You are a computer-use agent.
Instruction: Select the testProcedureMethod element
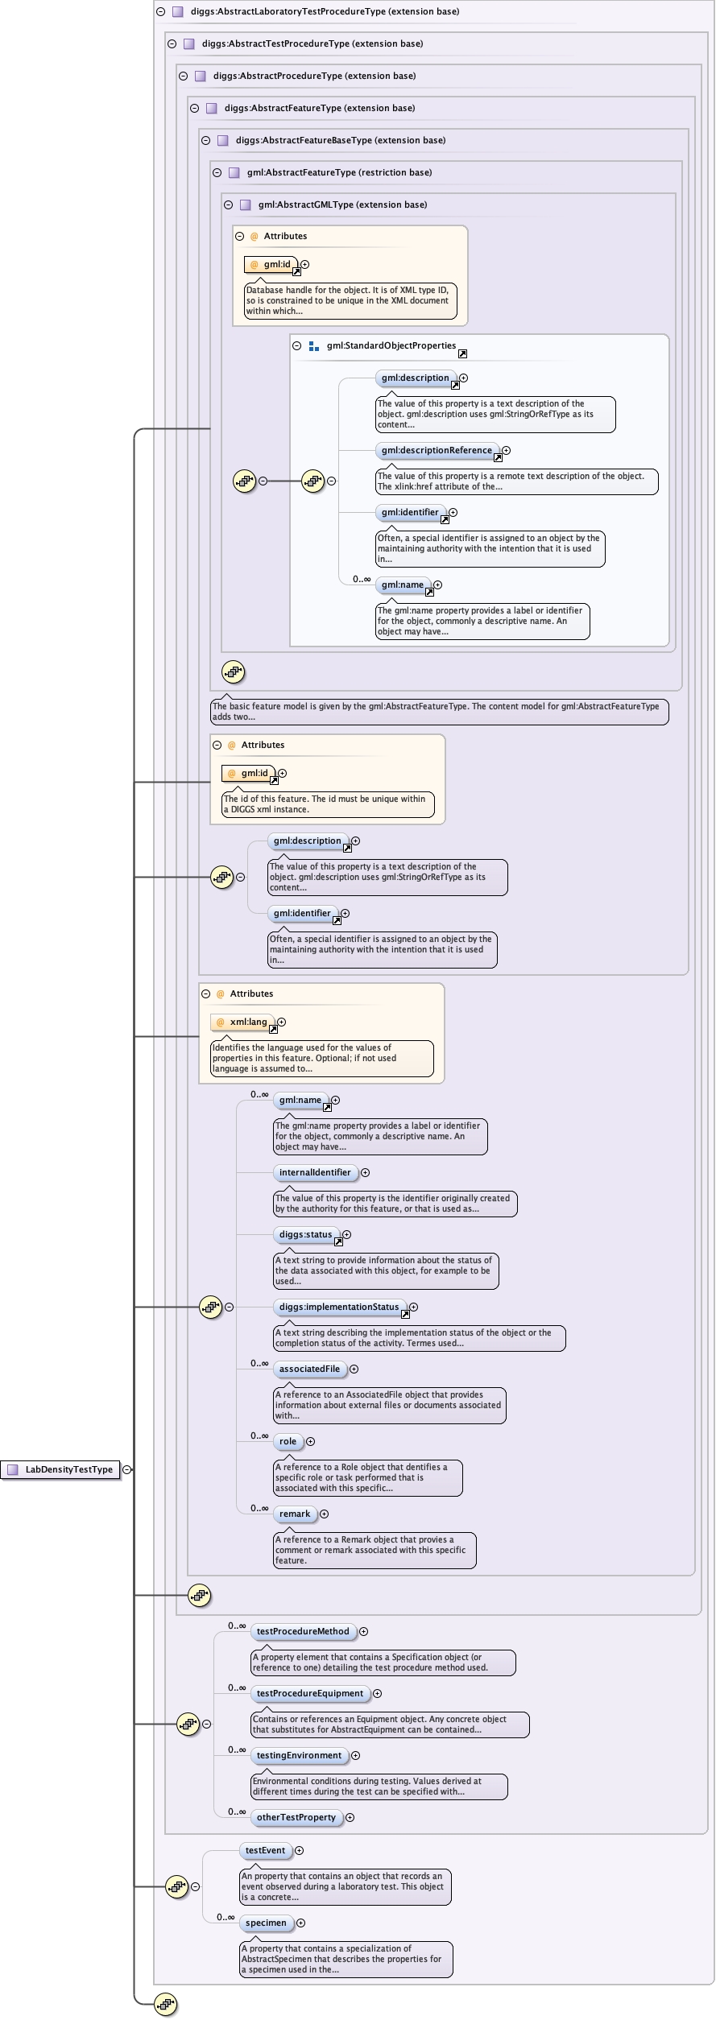tap(303, 1631)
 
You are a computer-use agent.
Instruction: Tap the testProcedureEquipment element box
tap(310, 1693)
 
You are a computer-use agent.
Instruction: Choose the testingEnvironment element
tap(299, 1755)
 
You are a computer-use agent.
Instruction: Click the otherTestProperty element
tap(296, 1817)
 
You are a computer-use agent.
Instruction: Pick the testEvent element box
tap(265, 1850)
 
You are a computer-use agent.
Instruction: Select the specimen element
tap(266, 1923)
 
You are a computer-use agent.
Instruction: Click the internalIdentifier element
tap(315, 1172)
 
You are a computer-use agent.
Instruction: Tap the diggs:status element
tap(305, 1234)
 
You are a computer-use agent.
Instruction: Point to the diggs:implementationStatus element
tap(339, 1307)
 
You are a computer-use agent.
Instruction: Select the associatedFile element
tap(309, 1369)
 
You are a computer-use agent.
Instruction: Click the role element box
tap(288, 1441)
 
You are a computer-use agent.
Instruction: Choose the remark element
tap(295, 1514)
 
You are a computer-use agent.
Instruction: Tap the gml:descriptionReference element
tap(437, 450)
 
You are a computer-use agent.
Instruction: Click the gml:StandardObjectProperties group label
tap(391, 345)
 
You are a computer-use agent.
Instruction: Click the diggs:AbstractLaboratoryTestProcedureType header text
tap(325, 11)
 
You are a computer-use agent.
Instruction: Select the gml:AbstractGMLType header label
tap(342, 204)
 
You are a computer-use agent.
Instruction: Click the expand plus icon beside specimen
tap(300, 1923)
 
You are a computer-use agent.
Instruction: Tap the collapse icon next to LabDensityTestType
tap(127, 1469)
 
